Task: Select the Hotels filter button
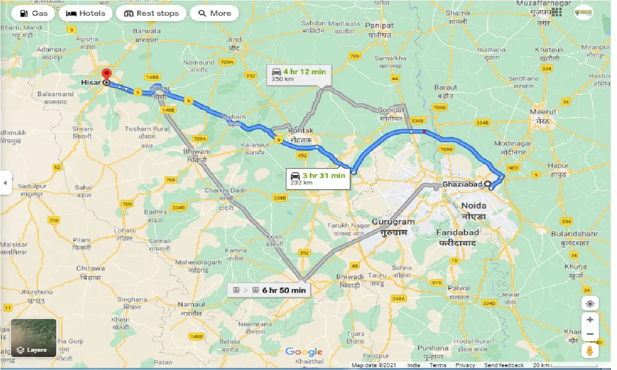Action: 86,13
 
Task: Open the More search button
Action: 215,13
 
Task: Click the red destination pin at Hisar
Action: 106,75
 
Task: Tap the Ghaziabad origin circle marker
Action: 487,184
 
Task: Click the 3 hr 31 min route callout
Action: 317,179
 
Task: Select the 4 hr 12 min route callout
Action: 298,75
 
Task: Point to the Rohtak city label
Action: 301,131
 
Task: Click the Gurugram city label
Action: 393,222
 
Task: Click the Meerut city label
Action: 543,112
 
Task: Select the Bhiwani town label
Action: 197,151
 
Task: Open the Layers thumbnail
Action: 33,338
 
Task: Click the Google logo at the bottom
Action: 304,352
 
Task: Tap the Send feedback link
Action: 504,365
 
